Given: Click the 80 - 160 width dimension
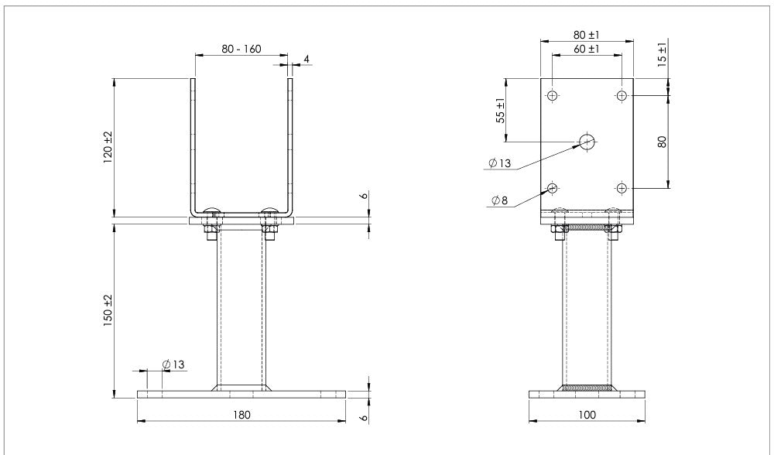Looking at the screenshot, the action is coord(241,49).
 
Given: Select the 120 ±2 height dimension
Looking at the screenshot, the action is coord(108,148).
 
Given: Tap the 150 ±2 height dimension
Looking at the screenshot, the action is coord(108,310).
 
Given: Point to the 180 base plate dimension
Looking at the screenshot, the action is coord(241,415).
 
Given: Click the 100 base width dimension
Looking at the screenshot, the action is coord(587,415).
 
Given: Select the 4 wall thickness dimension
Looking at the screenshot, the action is coord(307,60).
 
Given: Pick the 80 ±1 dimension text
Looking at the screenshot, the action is coord(587,35).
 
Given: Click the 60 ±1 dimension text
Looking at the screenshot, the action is coord(587,49).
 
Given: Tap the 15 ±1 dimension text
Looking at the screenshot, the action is coord(663,54).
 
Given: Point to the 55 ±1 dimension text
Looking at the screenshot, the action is coord(501,111).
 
